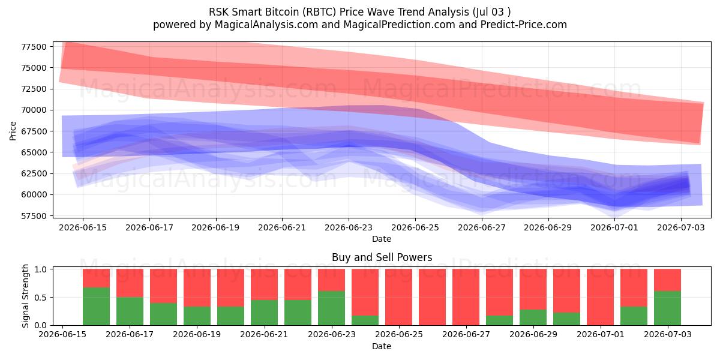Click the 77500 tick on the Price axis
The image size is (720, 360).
point(34,47)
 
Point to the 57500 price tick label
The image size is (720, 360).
point(34,216)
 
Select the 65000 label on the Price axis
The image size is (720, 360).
point(34,152)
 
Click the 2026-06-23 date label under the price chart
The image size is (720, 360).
point(349,227)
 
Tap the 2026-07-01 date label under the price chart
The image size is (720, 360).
point(614,227)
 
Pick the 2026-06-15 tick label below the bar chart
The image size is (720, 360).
point(62,334)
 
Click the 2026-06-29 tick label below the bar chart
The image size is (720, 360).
point(533,334)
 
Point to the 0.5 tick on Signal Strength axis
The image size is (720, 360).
point(41,298)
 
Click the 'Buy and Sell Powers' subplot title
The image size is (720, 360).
point(382,257)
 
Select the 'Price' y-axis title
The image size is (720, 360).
point(13,131)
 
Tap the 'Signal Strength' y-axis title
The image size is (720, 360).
point(25,296)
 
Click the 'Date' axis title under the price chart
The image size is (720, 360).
point(382,239)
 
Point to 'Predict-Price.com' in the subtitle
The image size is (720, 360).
point(524,25)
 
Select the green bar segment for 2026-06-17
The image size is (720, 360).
point(130,311)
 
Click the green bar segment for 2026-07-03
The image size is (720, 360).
point(667,308)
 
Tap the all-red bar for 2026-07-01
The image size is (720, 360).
point(600,297)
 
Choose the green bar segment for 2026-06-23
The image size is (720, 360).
point(331,308)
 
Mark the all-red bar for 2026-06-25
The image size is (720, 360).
point(398,297)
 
